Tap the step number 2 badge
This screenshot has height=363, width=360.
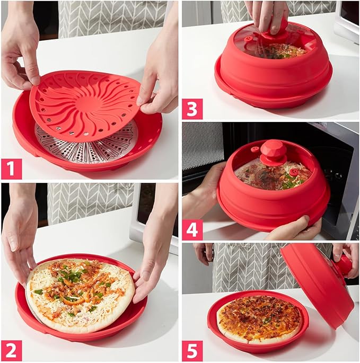[x=12, y=350]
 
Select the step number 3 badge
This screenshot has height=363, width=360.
[x=192, y=109]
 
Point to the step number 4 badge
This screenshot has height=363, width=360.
[x=192, y=229]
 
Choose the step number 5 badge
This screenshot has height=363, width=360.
[x=192, y=351]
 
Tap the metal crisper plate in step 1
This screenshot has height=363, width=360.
[x=88, y=144]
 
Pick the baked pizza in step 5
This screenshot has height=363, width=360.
[x=259, y=320]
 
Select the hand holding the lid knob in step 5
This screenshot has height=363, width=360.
[x=346, y=259]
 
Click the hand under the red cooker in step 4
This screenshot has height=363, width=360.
[x=294, y=228]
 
